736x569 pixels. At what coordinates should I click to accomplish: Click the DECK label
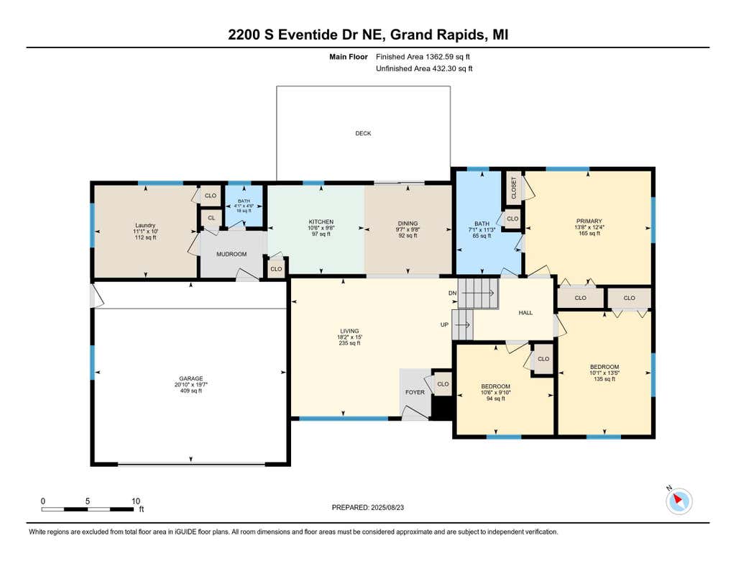click(x=363, y=134)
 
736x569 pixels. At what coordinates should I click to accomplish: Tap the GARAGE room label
click(x=191, y=378)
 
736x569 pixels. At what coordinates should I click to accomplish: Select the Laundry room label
click(x=145, y=225)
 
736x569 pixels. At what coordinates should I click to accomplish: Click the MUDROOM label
click(x=231, y=254)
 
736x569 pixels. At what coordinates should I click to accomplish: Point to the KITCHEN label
click(x=321, y=222)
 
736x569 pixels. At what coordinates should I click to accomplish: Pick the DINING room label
click(x=408, y=224)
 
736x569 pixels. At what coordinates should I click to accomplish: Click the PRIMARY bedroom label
click(x=589, y=222)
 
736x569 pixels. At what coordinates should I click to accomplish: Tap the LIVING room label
click(x=349, y=331)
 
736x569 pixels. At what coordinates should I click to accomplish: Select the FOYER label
click(x=415, y=392)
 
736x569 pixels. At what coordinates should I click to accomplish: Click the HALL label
click(x=525, y=312)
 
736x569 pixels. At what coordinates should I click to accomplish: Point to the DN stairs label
click(x=453, y=293)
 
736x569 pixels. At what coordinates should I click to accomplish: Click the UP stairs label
click(x=444, y=324)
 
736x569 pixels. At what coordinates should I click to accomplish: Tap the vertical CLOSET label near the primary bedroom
click(x=513, y=188)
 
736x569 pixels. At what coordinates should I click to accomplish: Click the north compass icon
click(x=678, y=501)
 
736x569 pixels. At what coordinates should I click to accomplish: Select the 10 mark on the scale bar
click(x=136, y=501)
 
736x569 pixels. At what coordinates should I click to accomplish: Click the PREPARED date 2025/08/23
click(x=387, y=507)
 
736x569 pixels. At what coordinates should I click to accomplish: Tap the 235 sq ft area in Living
click(x=349, y=343)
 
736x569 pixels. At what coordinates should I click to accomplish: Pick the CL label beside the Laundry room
click(x=211, y=218)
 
